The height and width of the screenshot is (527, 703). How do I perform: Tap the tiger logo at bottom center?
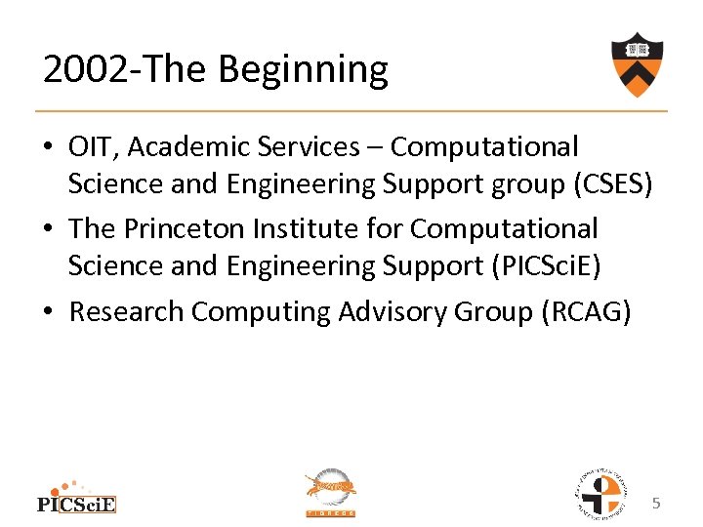point(331,492)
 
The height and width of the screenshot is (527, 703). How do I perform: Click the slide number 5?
point(657,504)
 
